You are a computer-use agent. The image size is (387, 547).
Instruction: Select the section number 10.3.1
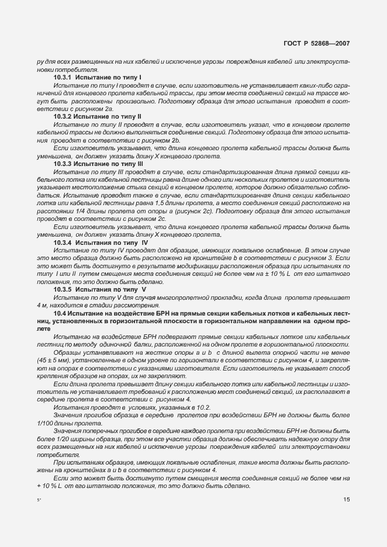63,77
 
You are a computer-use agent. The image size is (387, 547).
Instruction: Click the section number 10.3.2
63,117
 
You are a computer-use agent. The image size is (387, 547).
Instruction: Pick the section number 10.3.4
63,241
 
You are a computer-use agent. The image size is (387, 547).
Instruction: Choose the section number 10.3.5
63,289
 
